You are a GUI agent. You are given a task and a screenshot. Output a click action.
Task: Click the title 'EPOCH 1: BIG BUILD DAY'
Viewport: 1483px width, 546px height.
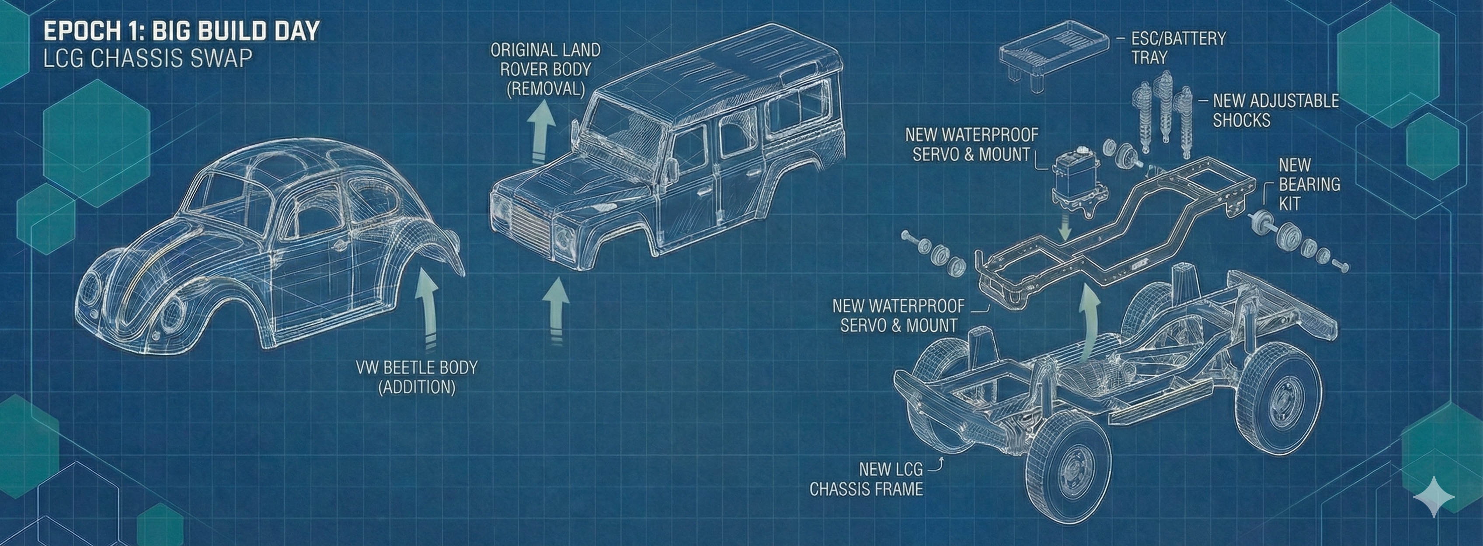[181, 31]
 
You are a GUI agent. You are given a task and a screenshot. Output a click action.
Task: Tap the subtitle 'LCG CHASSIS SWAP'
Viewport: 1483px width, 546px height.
[148, 58]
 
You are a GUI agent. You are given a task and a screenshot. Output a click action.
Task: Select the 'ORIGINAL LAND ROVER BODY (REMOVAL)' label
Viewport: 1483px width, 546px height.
[545, 69]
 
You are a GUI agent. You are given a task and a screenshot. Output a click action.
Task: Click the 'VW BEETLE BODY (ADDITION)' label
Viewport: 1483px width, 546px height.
[417, 377]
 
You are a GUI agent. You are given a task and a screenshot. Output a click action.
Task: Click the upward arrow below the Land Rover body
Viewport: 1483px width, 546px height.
[556, 311]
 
